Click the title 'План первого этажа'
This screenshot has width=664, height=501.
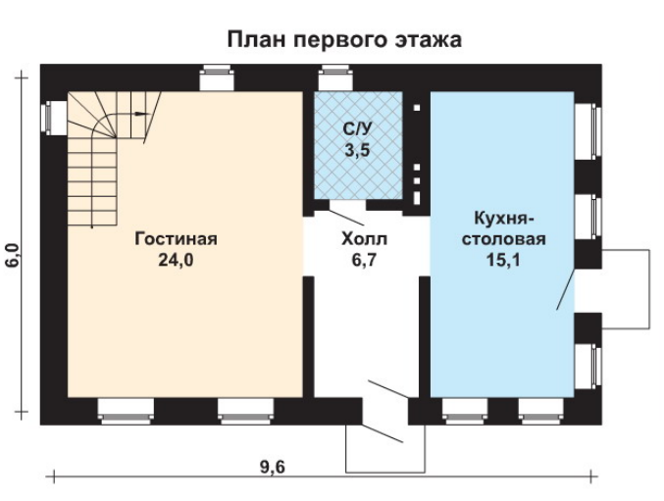[344, 40]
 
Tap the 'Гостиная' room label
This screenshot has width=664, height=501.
[176, 239]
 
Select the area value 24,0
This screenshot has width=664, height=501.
[176, 260]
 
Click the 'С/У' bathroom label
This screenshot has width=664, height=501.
[358, 129]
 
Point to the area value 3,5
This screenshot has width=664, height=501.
[358, 150]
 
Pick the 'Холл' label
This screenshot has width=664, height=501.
[364, 239]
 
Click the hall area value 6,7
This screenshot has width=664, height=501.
[364, 260]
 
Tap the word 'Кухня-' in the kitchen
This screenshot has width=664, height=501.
[504, 220]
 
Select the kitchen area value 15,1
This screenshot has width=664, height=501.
[503, 260]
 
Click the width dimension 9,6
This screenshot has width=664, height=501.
[273, 468]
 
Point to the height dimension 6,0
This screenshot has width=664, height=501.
[13, 255]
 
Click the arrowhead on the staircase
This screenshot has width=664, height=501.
[144, 114]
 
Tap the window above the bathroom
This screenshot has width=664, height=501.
[335, 77]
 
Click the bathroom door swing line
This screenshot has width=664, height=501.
[346, 218]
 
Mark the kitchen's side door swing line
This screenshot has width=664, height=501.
[565, 289]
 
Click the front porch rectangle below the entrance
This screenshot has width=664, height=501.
[385, 472]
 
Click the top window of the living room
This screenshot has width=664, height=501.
[217, 77]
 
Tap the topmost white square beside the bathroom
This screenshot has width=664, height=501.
[417, 108]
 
